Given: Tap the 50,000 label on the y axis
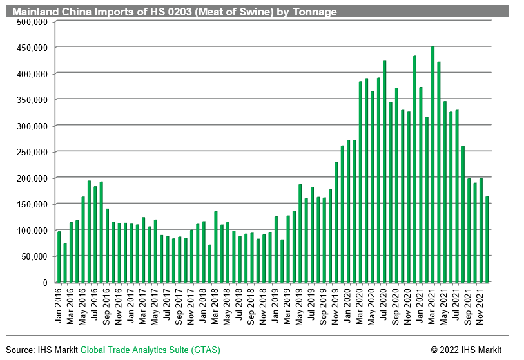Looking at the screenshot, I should [36, 256].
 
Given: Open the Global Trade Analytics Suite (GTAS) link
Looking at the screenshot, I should [150, 350].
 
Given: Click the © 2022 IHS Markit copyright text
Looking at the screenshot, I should [465, 350].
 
